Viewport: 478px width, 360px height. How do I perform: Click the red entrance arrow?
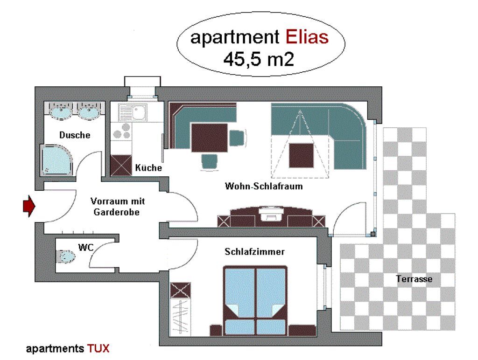point(29,206)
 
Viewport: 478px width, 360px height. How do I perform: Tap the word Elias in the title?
point(307,37)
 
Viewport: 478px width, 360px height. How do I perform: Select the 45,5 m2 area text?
point(259,59)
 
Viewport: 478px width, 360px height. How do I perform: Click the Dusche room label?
point(75,135)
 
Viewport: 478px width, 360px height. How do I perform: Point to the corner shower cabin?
point(56,160)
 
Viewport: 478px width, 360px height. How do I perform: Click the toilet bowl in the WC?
point(65,256)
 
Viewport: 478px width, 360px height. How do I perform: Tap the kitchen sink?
point(133,112)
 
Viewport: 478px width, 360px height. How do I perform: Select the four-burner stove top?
point(122,131)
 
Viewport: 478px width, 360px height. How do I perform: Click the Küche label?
point(148,167)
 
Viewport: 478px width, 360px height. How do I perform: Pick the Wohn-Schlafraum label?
point(264,186)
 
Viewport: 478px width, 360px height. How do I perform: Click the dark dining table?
point(210,138)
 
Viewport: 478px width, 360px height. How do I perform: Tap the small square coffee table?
point(301,155)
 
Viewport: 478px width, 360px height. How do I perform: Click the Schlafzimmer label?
point(254,251)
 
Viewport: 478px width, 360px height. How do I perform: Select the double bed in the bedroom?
point(255,301)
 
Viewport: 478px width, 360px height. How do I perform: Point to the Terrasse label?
point(414,279)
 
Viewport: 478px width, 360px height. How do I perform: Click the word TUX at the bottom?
point(98,348)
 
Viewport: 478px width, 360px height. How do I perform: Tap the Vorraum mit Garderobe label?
point(117,207)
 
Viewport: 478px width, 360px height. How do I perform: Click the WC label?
point(86,247)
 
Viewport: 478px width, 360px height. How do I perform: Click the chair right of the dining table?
point(237,138)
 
